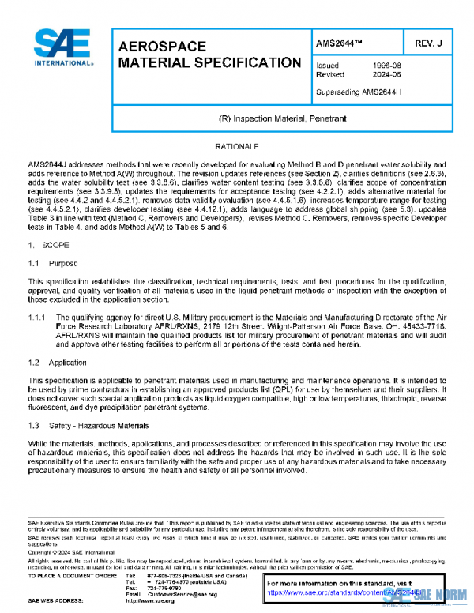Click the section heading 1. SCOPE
[x=48, y=246]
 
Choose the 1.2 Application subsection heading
[x=58, y=362]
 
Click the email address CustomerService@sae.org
[x=181, y=593]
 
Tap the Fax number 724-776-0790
[x=164, y=587]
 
